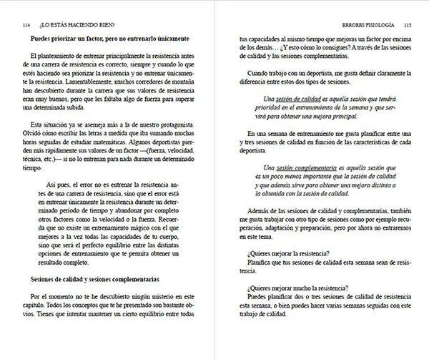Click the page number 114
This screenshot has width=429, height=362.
(x=27, y=23)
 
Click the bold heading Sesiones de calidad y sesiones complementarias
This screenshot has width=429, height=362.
(x=102, y=278)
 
